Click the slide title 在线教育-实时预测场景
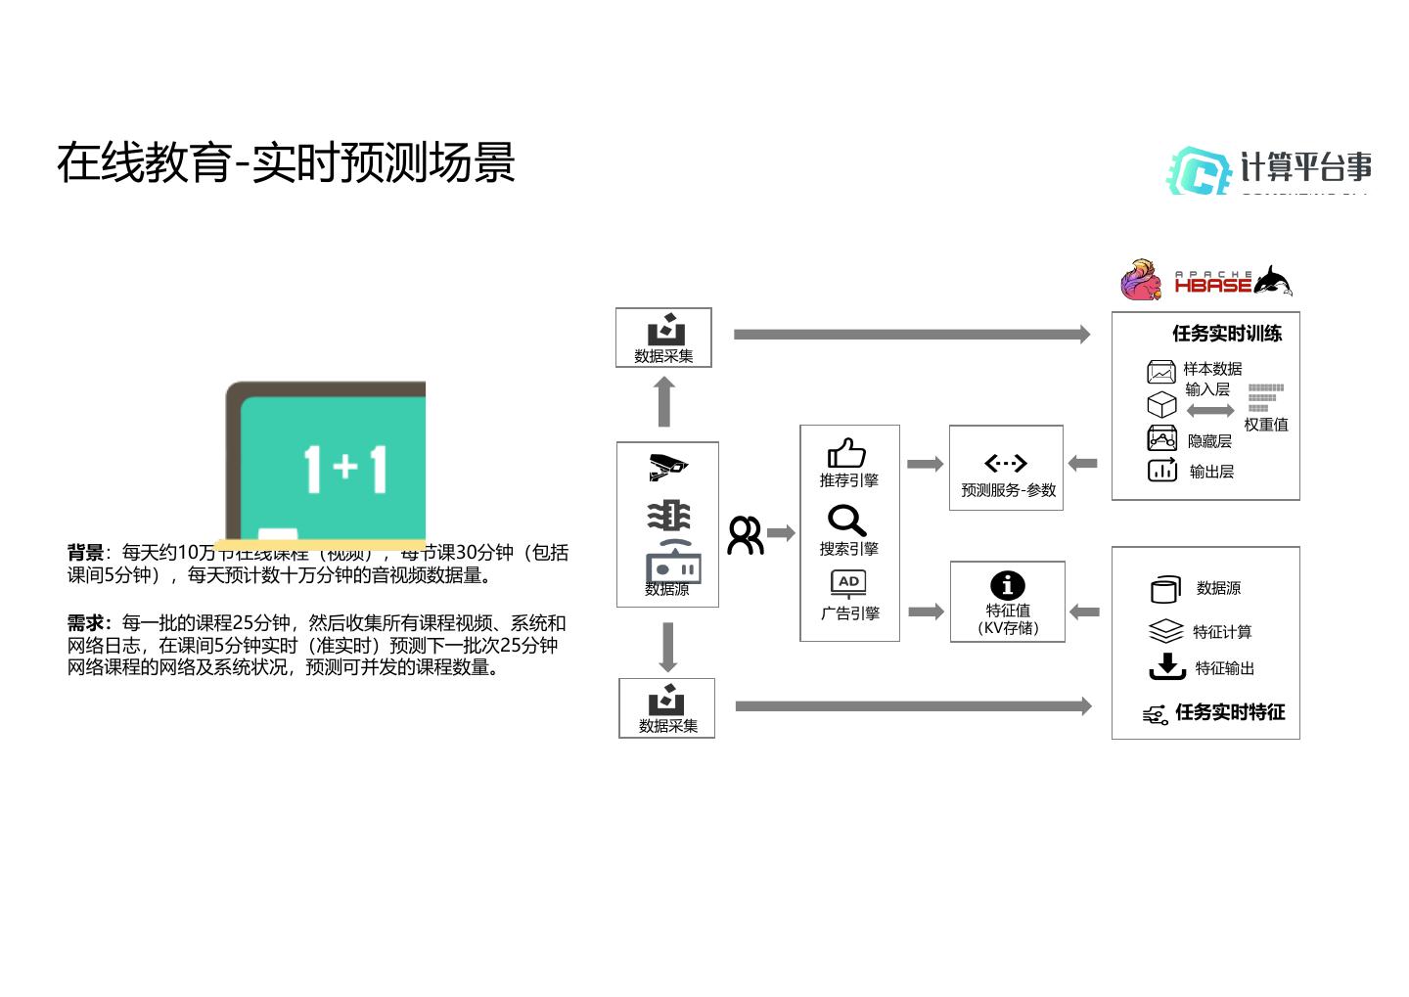tap(286, 162)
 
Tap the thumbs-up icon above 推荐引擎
tap(846, 453)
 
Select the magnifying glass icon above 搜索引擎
tap(846, 521)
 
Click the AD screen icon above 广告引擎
tap(848, 583)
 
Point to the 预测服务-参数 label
tap(1008, 490)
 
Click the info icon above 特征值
tap(1007, 585)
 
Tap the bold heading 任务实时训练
tap(1227, 334)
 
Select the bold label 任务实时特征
tap(1230, 712)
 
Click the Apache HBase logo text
tap(1213, 284)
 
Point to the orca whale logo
tap(1272, 281)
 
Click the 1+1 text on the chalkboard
tap(345, 468)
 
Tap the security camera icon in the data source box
tap(667, 466)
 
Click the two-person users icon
tap(745, 535)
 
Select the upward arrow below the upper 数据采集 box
tap(664, 401)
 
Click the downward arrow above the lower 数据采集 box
tap(668, 647)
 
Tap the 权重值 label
tap(1266, 425)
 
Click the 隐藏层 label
tap(1209, 441)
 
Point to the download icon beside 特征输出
tap(1166, 666)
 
